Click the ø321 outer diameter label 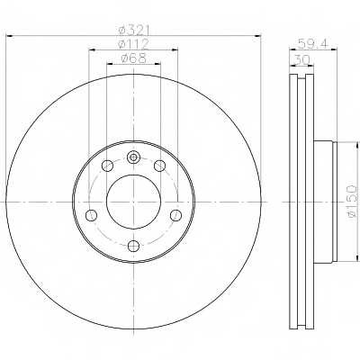click(x=134, y=31)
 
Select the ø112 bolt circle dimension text click(x=134, y=44)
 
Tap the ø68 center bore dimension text click(x=134, y=58)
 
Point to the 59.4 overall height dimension click(x=313, y=44)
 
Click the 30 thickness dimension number click(x=301, y=59)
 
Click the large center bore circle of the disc click(x=133, y=202)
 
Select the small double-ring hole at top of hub click(x=133, y=157)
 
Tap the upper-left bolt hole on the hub click(x=107, y=166)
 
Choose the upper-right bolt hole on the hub click(x=159, y=166)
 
